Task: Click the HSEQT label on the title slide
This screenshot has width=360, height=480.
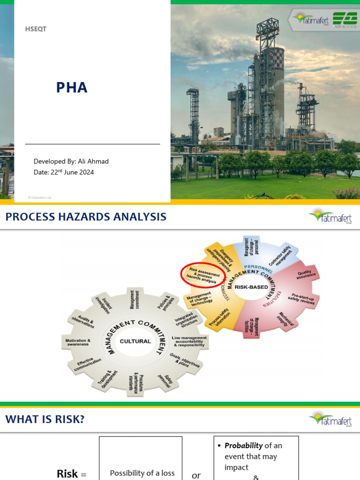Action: pyautogui.click(x=36, y=29)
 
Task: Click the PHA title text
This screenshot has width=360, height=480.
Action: pyautogui.click(x=72, y=87)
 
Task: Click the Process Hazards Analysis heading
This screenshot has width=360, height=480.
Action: pyautogui.click(x=86, y=217)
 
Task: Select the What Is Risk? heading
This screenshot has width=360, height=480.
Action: pyautogui.click(x=45, y=419)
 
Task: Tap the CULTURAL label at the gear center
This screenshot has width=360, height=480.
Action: pyautogui.click(x=135, y=341)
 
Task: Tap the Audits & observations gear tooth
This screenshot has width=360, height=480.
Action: pyautogui.click(x=83, y=322)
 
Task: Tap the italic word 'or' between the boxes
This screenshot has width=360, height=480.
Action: pyautogui.click(x=196, y=475)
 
